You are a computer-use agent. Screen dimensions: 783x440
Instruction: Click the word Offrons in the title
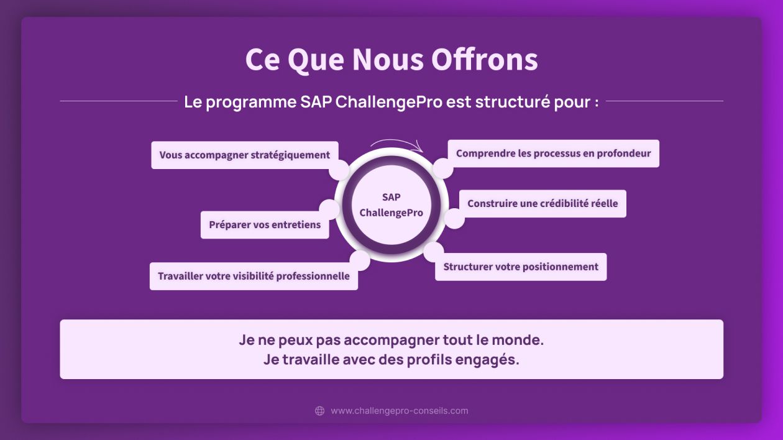pos(485,59)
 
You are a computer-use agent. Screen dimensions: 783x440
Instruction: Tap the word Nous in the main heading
pos(388,59)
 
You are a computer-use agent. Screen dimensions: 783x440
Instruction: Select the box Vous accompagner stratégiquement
pos(245,155)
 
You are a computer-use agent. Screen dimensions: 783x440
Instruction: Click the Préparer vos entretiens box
pos(265,225)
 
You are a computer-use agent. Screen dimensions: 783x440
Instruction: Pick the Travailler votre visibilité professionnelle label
pos(254,276)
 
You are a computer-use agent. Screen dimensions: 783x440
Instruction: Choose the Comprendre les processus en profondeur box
pos(553,154)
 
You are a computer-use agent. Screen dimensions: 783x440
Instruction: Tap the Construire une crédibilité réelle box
pos(543,204)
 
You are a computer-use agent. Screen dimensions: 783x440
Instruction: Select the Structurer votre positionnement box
pos(521,267)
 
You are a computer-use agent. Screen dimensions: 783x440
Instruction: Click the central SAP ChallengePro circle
pos(391,205)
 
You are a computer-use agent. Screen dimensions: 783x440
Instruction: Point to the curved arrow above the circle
pos(396,141)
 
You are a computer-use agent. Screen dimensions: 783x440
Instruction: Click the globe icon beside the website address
pos(319,411)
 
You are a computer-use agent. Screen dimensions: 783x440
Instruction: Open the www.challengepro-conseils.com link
pos(400,411)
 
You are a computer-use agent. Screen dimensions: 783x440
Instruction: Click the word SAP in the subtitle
pos(316,102)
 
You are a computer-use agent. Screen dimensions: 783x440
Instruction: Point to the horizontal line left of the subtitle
pos(119,101)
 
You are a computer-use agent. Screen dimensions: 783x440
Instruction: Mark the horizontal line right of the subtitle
pos(664,101)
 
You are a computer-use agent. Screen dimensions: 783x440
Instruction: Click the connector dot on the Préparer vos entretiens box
pos(329,209)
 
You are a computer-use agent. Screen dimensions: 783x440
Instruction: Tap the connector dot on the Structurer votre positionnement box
pos(434,252)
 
